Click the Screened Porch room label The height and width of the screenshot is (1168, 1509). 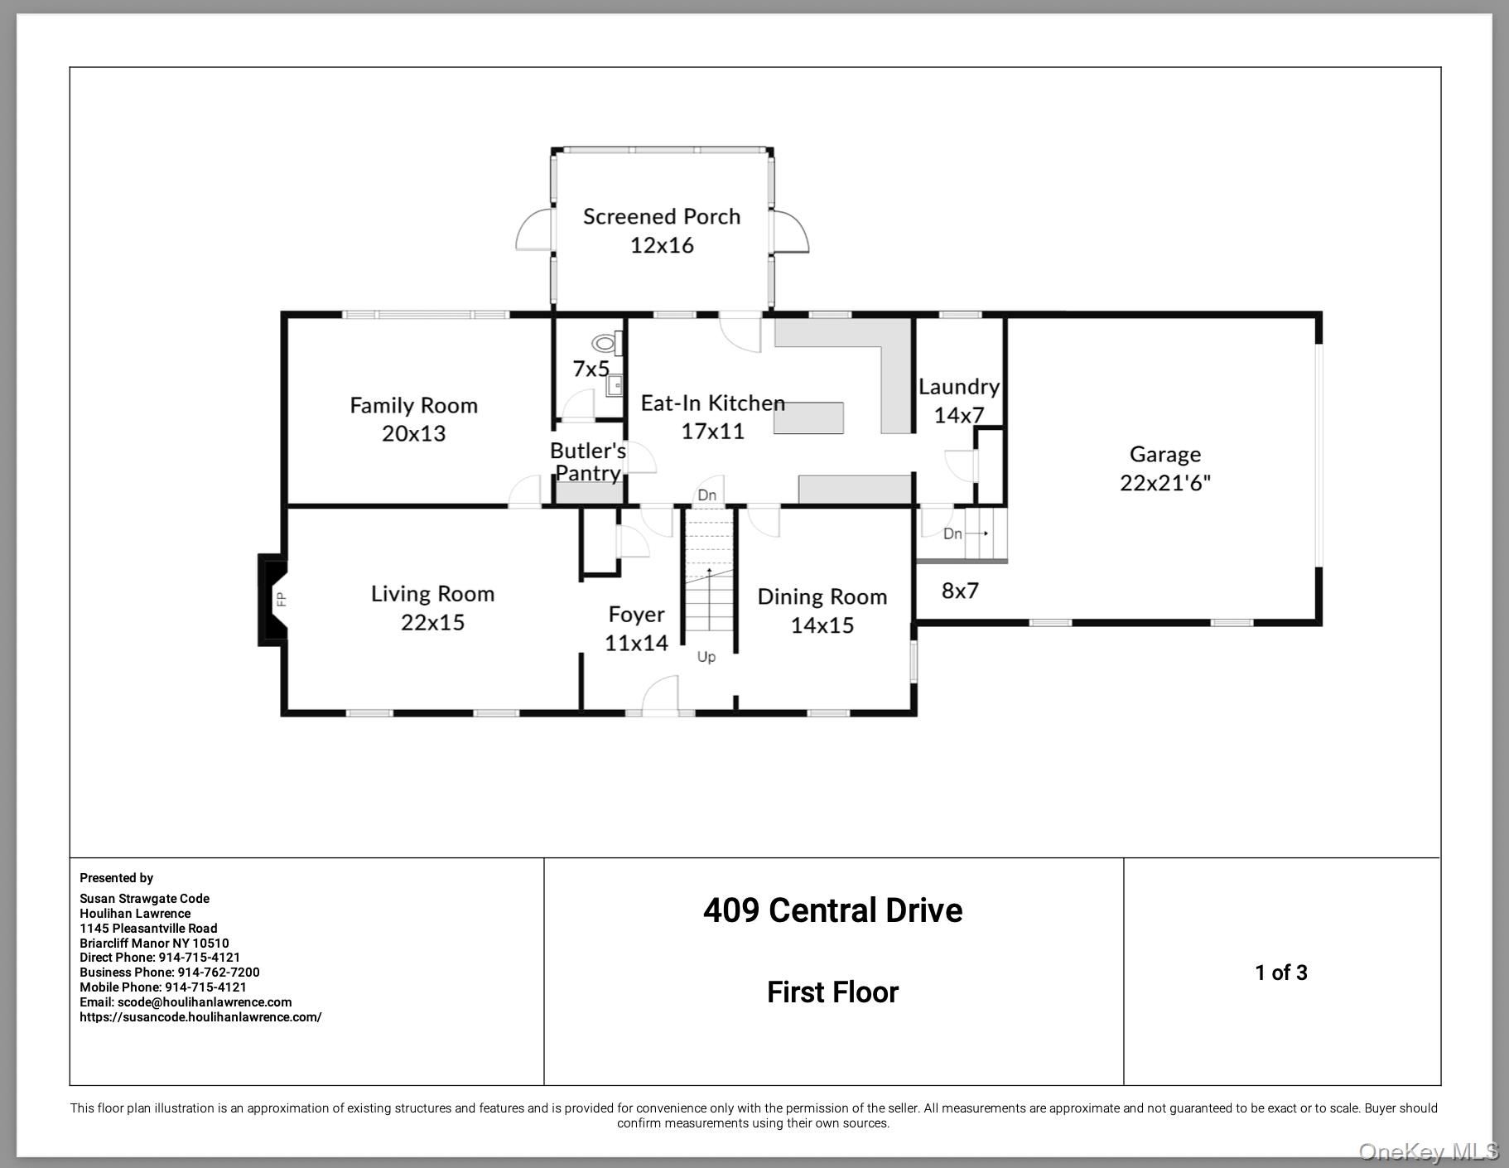[x=661, y=230]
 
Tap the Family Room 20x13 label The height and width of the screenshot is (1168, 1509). [x=413, y=418]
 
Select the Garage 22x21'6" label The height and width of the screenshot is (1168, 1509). [x=1164, y=468]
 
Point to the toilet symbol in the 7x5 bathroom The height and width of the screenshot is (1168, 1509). [x=605, y=342]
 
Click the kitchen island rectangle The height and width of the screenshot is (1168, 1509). [x=808, y=417]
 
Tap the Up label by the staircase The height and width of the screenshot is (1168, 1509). [x=706, y=657]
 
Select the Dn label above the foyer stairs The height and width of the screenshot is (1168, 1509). [x=706, y=495]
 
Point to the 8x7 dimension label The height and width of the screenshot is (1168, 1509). [x=960, y=591]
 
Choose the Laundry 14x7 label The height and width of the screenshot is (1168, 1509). [x=958, y=400]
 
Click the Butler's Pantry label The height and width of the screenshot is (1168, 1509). [x=587, y=461]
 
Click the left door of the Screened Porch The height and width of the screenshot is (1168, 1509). [x=533, y=230]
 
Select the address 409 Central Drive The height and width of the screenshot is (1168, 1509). [x=832, y=910]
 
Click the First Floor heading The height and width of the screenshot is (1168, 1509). [x=832, y=992]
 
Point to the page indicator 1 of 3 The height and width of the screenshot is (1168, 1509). [x=1280, y=973]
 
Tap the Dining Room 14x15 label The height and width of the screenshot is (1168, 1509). [x=822, y=611]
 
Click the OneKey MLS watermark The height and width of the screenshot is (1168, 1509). [x=1428, y=1151]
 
